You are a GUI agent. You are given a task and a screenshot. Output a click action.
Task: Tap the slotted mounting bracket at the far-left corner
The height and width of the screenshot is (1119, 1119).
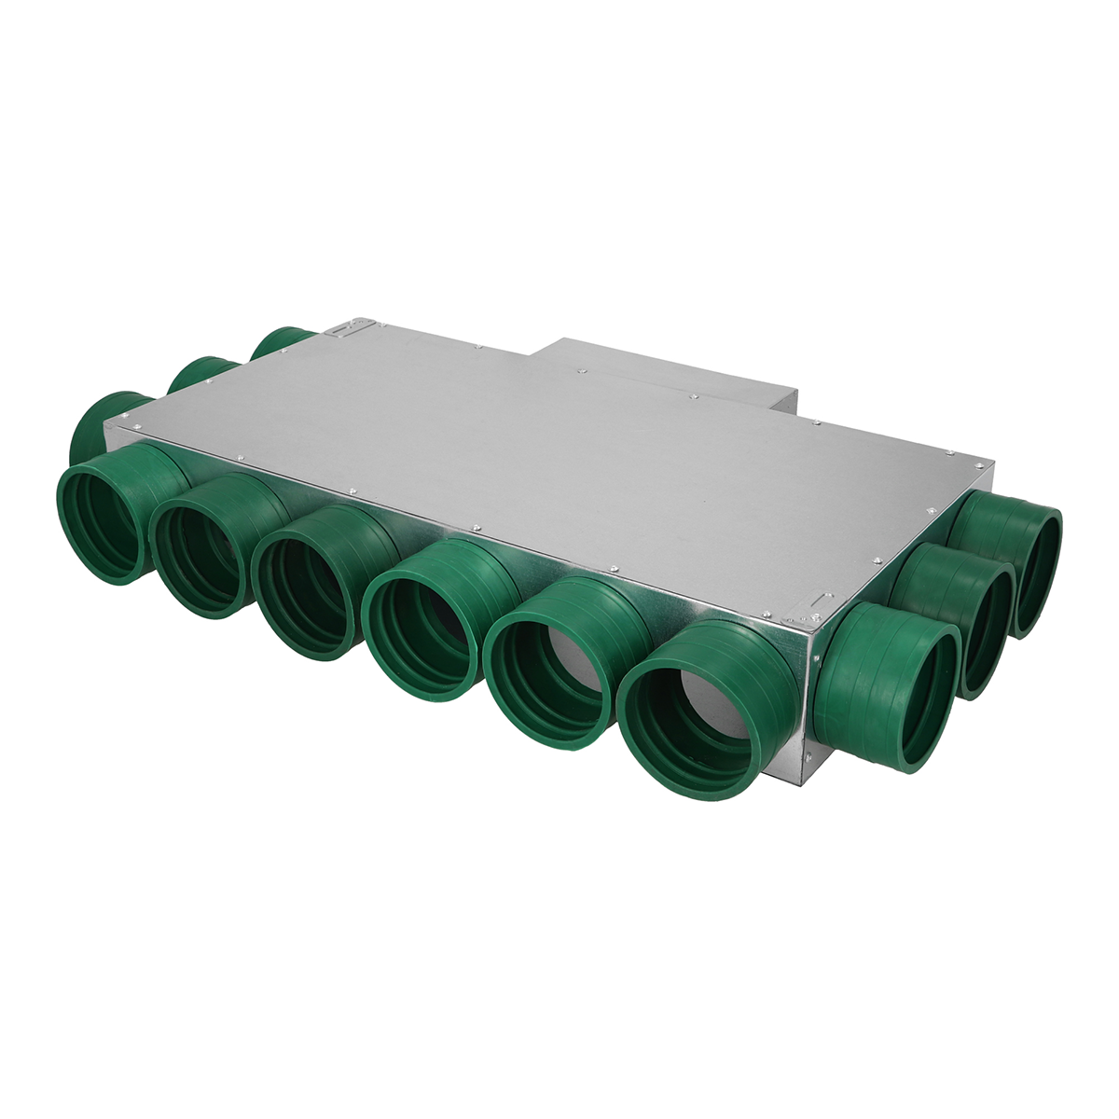350,328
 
